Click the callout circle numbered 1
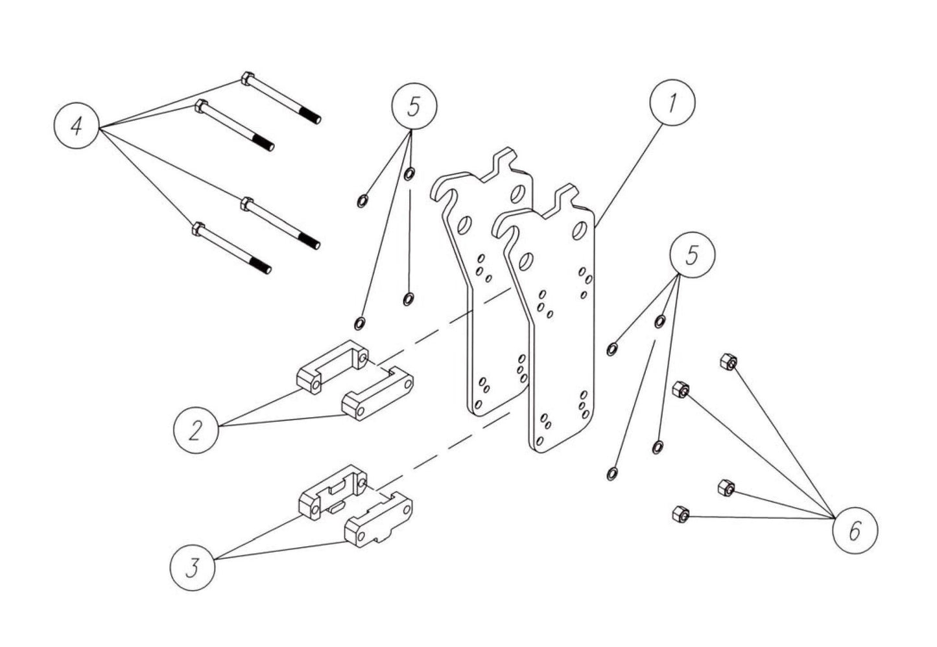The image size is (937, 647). [x=672, y=104]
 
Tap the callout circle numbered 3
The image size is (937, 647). [x=192, y=569]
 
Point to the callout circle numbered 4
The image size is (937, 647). [x=76, y=126]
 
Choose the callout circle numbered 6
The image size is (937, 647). [x=855, y=532]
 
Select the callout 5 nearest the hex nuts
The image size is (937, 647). [x=692, y=255]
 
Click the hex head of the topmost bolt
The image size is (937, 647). [x=247, y=79]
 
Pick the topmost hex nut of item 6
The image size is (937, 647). [x=728, y=362]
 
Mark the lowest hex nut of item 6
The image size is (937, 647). [x=680, y=514]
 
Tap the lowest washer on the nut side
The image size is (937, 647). [x=611, y=473]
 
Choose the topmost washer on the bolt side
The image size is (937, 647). [x=409, y=174]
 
